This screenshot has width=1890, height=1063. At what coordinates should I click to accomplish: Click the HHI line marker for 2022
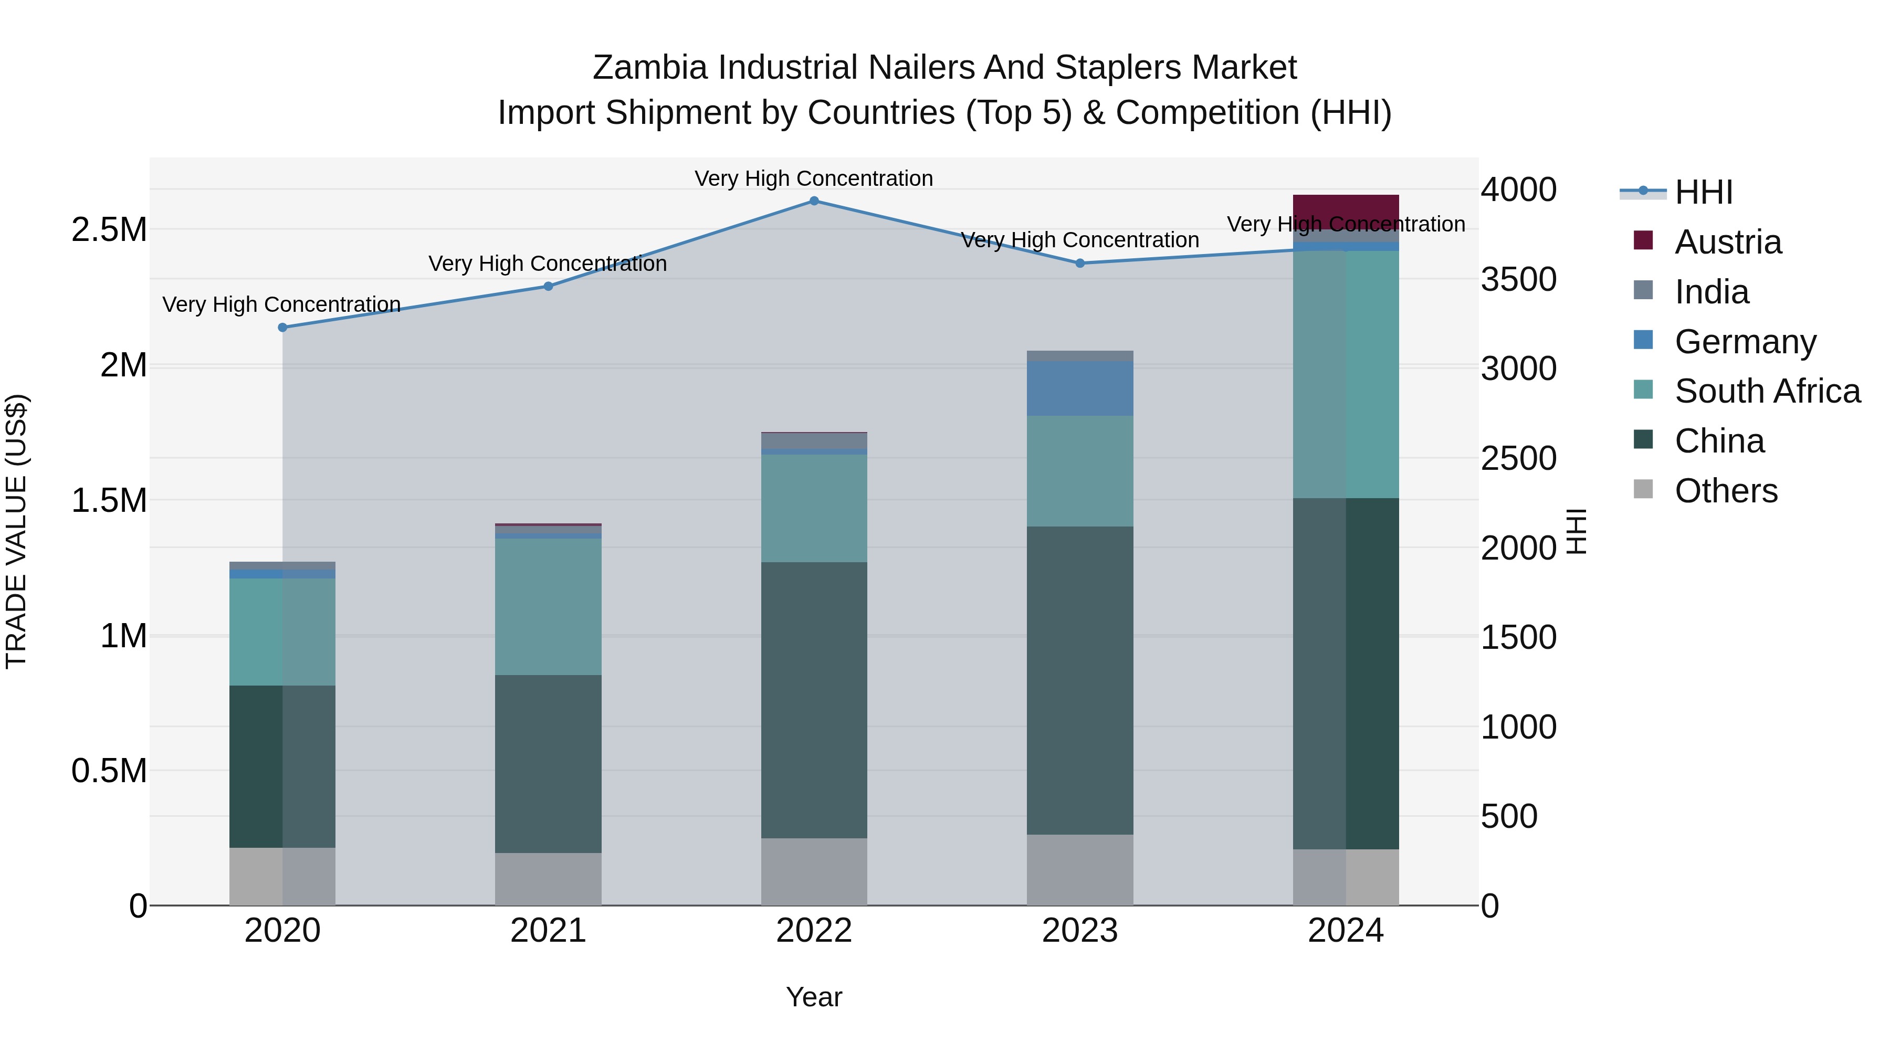click(x=814, y=201)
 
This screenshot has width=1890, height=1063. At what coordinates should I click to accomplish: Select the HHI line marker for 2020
click(x=282, y=328)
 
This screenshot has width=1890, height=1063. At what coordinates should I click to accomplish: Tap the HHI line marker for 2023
click(x=1080, y=264)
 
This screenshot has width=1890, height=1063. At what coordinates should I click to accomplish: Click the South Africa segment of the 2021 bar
click(x=548, y=607)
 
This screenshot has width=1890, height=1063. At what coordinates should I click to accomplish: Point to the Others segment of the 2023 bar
click(x=1080, y=870)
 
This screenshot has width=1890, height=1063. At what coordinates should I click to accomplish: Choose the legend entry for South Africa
click(x=1767, y=391)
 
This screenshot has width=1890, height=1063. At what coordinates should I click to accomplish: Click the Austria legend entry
click(x=1727, y=242)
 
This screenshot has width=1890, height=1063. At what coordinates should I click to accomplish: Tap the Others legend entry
click(x=1725, y=491)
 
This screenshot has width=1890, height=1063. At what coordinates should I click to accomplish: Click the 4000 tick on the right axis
click(x=1518, y=190)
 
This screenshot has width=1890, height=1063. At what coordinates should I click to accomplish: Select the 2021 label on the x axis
click(x=548, y=931)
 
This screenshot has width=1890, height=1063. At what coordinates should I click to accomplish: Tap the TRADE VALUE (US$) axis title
click(x=16, y=531)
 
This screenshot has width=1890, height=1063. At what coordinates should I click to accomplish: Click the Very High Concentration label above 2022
click(x=814, y=178)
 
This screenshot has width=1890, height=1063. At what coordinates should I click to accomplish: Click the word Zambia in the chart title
click(x=650, y=68)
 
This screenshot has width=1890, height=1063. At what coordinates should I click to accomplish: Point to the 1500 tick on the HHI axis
click(x=1518, y=637)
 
